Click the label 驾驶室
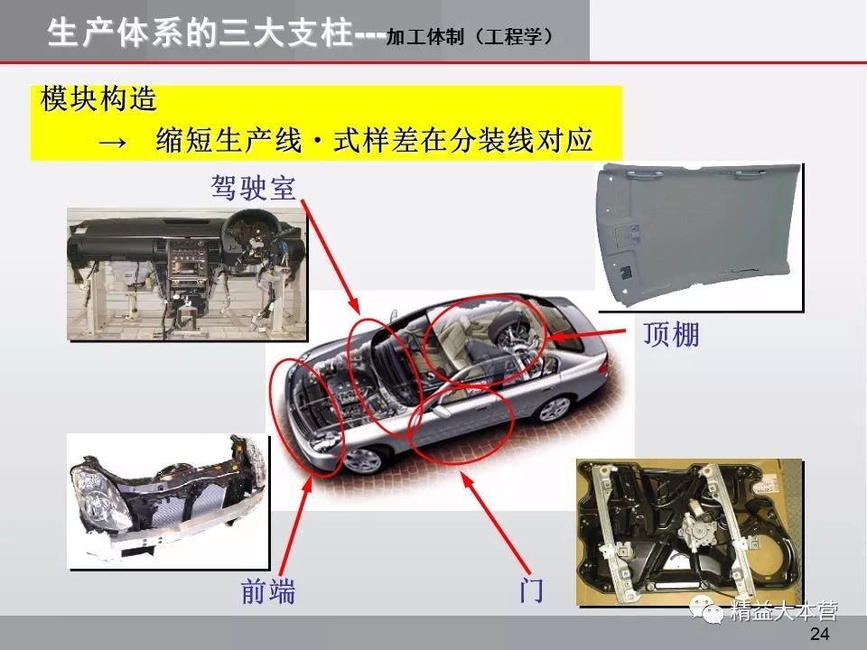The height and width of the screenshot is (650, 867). (x=254, y=188)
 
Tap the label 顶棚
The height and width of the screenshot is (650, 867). (x=671, y=334)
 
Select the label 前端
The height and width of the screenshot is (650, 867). (x=268, y=590)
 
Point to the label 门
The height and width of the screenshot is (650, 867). (x=531, y=590)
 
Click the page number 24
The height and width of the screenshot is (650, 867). (x=819, y=634)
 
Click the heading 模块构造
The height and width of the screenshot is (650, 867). (x=99, y=99)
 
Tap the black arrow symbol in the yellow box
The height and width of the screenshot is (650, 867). (x=114, y=143)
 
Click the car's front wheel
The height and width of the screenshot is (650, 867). (x=363, y=460)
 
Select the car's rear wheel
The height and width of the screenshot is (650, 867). (x=554, y=408)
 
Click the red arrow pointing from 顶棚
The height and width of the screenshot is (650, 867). (x=590, y=334)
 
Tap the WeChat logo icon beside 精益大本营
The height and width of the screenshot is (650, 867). (x=706, y=611)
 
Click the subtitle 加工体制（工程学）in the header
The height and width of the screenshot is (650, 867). (x=470, y=37)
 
